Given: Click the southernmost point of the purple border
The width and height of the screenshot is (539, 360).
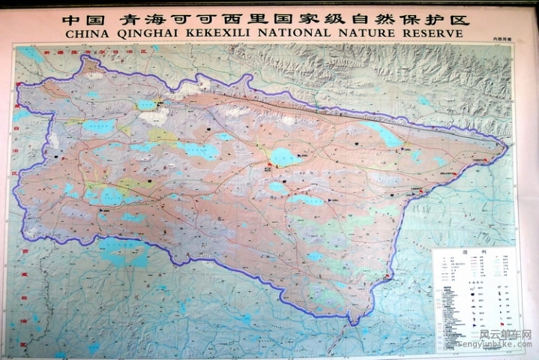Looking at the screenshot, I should click(x=351, y=323).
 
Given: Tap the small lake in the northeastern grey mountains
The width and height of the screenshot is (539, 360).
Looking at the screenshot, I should click(x=425, y=101).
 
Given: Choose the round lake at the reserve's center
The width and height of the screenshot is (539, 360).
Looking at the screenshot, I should click(x=284, y=157).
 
